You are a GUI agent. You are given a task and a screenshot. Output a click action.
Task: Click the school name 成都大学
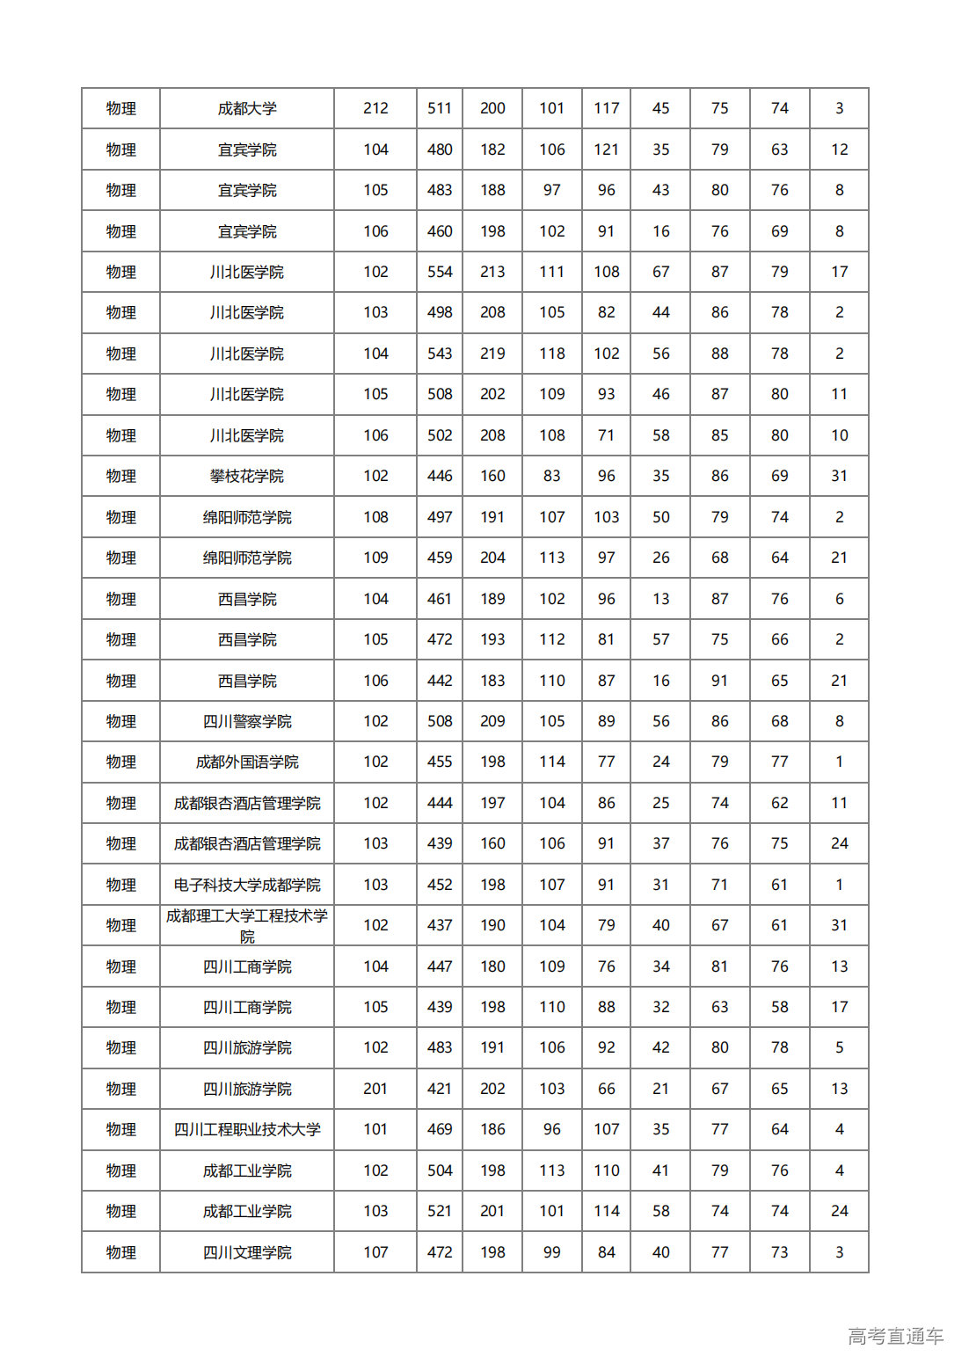click(x=247, y=108)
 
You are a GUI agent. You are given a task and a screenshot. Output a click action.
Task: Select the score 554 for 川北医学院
click(x=440, y=272)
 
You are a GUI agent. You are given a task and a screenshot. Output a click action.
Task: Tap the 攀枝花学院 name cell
click(x=247, y=476)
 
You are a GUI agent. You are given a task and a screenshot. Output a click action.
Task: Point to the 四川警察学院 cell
click(x=247, y=721)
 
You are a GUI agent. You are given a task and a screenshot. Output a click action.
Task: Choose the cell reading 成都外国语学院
click(x=247, y=762)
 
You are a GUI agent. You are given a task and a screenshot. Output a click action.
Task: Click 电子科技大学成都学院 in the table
click(x=247, y=885)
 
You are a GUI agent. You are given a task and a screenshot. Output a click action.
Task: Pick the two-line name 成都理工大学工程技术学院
click(x=247, y=925)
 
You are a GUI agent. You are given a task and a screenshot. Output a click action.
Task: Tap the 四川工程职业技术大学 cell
click(x=247, y=1129)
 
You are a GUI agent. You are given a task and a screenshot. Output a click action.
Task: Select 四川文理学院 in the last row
click(x=247, y=1252)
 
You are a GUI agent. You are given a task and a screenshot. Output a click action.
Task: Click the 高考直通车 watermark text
click(x=895, y=1336)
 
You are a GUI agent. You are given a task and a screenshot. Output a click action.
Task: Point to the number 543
click(x=440, y=354)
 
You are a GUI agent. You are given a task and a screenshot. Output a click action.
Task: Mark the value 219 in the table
click(x=492, y=354)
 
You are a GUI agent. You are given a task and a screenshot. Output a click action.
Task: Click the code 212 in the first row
click(x=375, y=108)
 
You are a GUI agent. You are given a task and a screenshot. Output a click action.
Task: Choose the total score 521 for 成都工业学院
click(x=440, y=1211)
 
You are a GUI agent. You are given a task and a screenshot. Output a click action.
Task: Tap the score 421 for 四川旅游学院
click(x=440, y=1089)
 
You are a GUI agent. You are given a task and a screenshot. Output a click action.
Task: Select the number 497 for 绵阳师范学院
click(x=440, y=517)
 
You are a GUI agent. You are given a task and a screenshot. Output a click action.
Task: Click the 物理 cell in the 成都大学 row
click(x=121, y=108)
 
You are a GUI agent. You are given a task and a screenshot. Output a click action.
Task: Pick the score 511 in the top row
click(x=440, y=108)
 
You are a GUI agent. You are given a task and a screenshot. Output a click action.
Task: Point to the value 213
click(x=492, y=272)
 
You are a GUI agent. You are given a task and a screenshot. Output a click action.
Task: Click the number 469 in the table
click(x=440, y=1129)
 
